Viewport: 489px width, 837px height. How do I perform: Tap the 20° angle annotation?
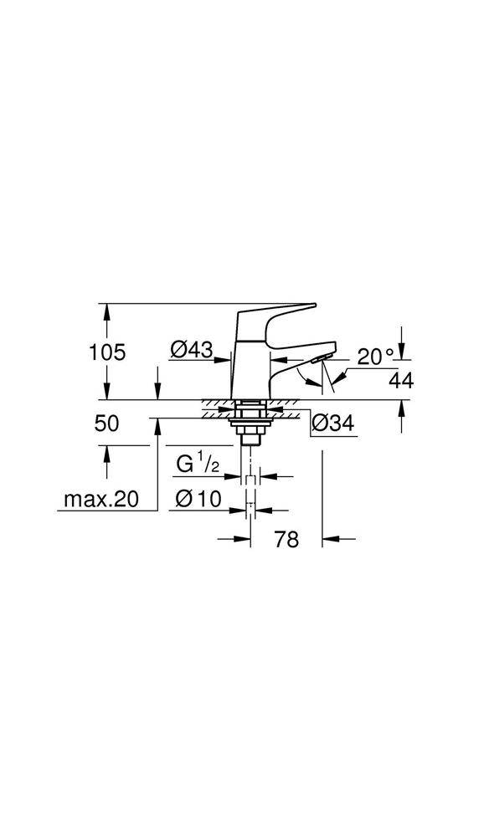[375, 356]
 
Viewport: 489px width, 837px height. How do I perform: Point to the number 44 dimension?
[401, 380]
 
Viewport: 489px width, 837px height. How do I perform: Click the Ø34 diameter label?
[332, 424]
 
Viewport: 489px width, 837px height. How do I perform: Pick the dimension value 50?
[107, 424]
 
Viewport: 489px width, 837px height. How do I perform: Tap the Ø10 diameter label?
[198, 500]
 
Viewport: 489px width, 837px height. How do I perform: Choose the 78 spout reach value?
[286, 540]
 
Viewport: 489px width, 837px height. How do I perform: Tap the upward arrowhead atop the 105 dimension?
[107, 309]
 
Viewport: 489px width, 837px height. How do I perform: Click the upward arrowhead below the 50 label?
[107, 451]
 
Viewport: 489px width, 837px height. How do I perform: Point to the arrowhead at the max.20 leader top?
[157, 424]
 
